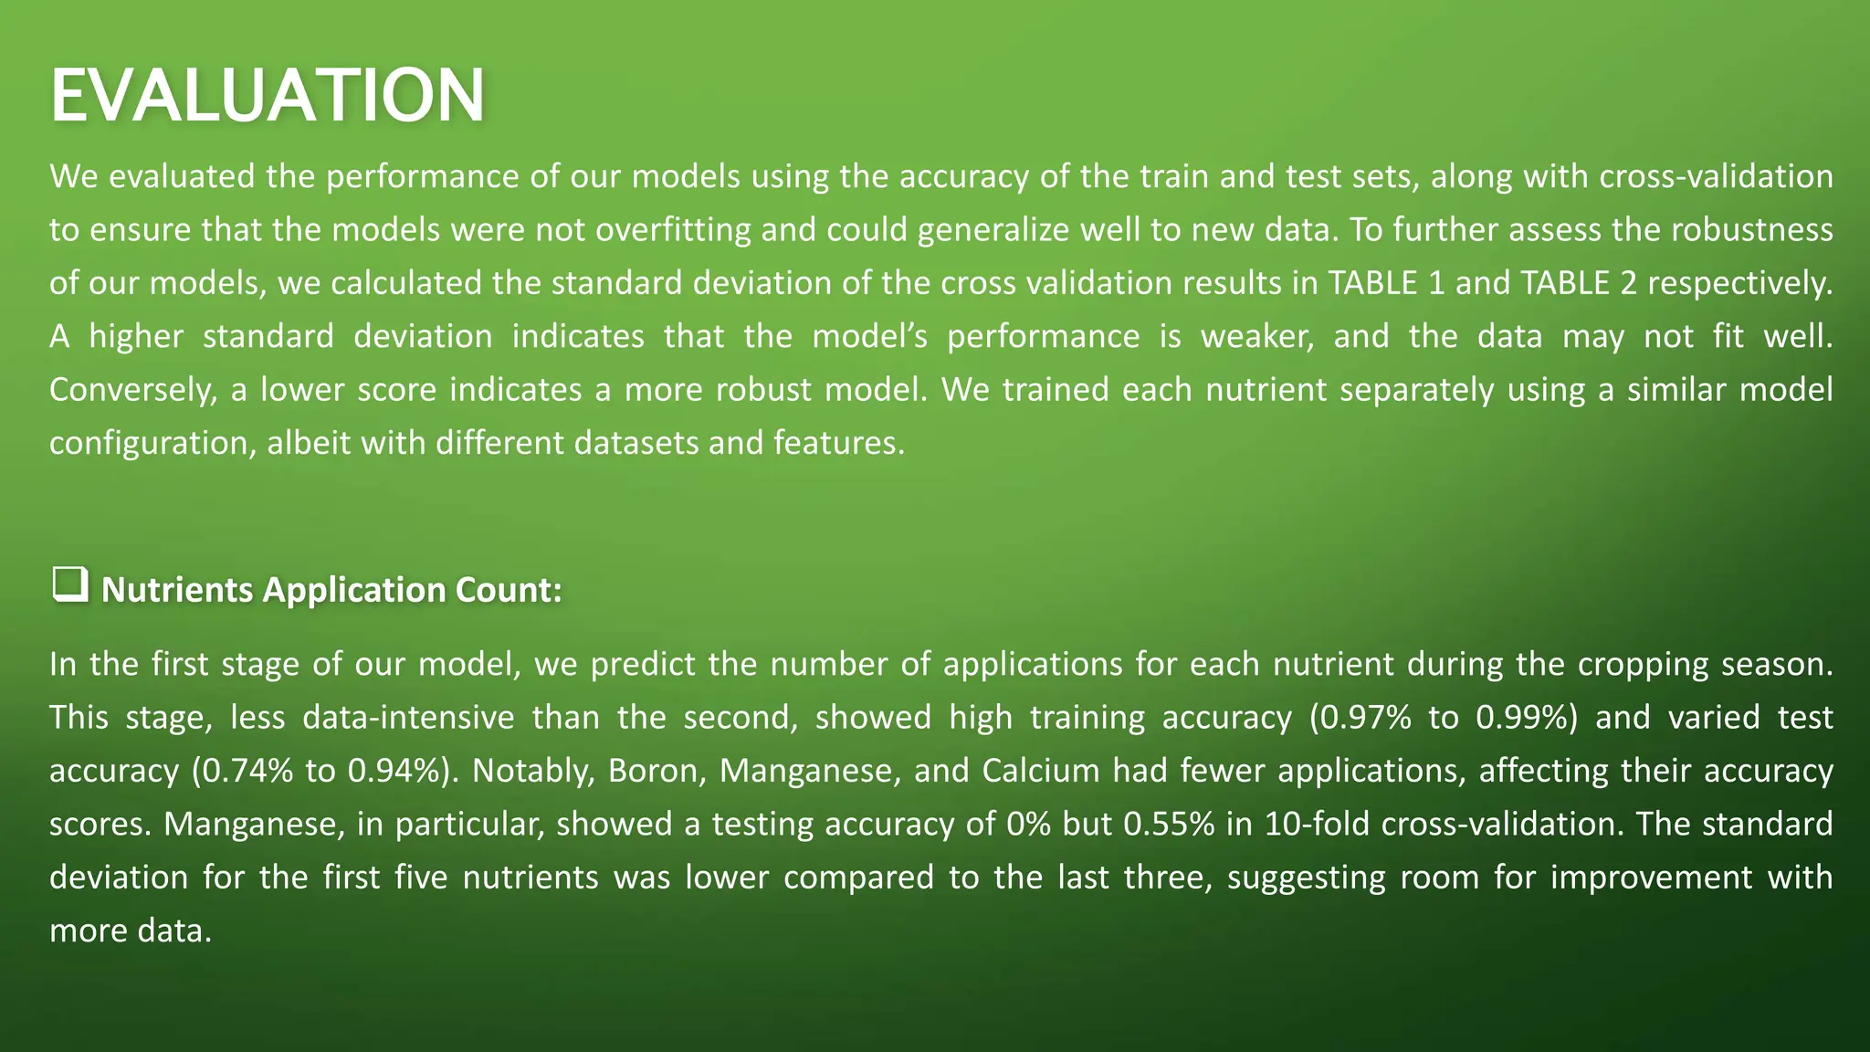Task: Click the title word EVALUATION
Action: (267, 96)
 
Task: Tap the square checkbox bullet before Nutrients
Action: (69, 584)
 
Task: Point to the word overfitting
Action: (674, 229)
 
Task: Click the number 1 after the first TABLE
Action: (1436, 283)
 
